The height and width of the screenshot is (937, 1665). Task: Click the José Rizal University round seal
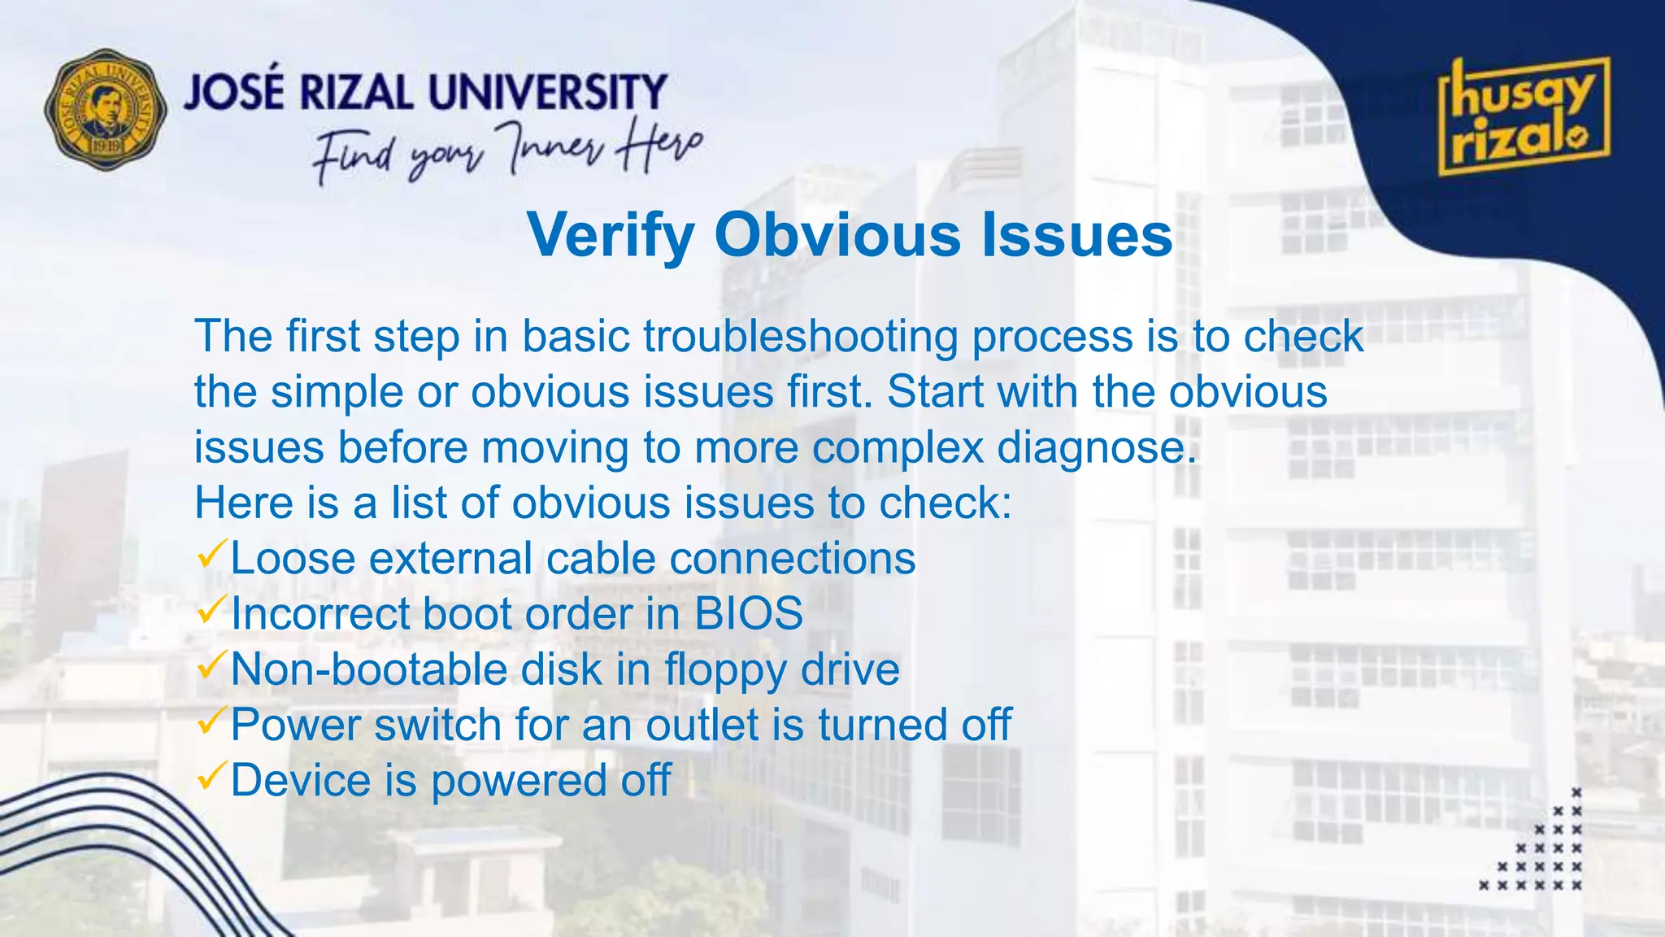106,109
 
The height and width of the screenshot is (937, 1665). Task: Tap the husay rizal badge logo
1524,117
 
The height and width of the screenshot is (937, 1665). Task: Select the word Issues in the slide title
1076,235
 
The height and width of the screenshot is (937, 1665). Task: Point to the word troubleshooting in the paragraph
801,336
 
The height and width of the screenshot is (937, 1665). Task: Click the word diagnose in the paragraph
1097,447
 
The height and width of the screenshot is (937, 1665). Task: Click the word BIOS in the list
748,613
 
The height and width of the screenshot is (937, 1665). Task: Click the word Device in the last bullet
301,780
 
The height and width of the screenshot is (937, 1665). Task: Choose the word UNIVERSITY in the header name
547,92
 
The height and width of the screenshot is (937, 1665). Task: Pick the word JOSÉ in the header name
234,91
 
